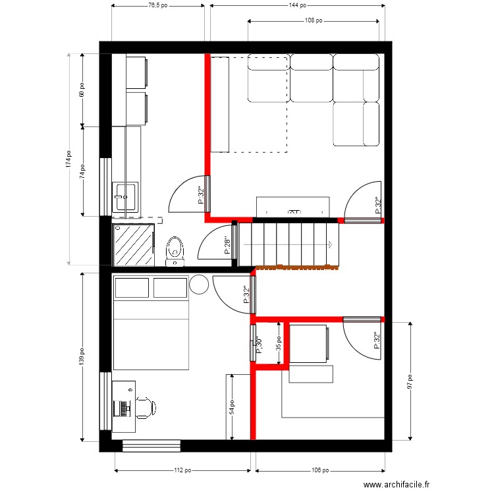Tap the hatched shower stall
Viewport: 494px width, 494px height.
134,245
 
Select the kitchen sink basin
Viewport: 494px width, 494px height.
125,197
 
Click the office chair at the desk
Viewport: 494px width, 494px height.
146,408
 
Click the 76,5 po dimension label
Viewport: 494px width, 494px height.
158,5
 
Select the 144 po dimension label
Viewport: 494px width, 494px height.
298,5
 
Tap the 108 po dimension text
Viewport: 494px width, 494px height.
314,20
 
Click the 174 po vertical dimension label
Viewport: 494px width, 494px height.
69,159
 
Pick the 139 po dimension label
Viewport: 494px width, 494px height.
82,356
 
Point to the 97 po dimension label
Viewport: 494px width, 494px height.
410,381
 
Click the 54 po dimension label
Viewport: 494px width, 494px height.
232,407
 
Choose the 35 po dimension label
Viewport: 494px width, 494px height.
279,343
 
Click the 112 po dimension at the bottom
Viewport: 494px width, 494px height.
182,470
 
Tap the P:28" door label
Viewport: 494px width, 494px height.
227,246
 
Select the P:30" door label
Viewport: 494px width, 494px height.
259,344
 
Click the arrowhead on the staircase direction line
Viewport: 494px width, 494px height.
330,244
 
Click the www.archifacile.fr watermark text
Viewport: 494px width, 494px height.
396,485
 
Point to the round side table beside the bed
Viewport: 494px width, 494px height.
199,285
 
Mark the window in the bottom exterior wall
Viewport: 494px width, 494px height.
151,446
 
